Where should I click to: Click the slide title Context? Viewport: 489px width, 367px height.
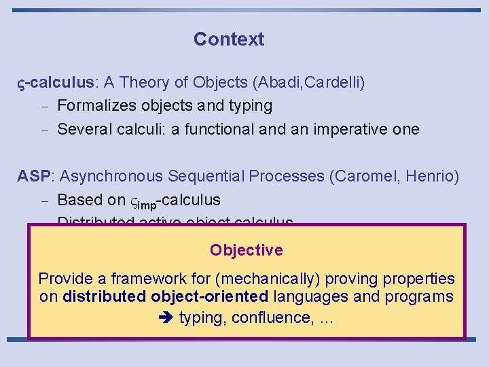pyautogui.click(x=229, y=39)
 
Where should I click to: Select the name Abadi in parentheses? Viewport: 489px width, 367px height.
pyautogui.click(x=277, y=83)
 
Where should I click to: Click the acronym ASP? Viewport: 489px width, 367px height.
pyautogui.click(x=33, y=177)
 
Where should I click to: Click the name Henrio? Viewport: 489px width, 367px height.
pyautogui.click(x=432, y=177)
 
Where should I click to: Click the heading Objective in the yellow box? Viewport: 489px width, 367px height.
pyautogui.click(x=246, y=250)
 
